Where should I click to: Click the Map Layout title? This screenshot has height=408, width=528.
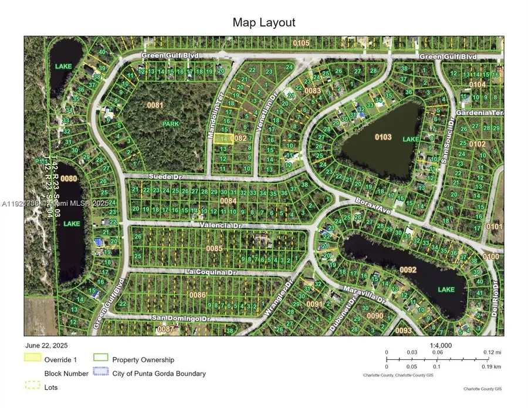(x=263, y=22)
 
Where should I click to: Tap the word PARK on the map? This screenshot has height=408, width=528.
(x=170, y=124)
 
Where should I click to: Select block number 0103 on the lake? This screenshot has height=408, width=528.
(x=383, y=136)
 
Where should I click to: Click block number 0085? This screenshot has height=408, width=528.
(x=214, y=248)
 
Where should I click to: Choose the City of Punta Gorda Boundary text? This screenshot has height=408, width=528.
(x=158, y=373)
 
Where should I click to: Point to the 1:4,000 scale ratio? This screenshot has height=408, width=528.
(x=441, y=346)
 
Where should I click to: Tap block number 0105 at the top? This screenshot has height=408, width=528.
(x=302, y=43)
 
